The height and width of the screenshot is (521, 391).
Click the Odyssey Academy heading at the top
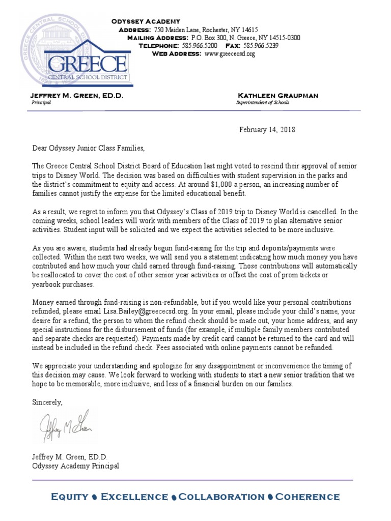pyautogui.click(x=146, y=21)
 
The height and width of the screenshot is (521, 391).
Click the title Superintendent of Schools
pyautogui.click(x=263, y=103)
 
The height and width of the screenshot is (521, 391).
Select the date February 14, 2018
pyautogui.click(x=267, y=130)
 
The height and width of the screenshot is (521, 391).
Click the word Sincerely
pyautogui.click(x=47, y=402)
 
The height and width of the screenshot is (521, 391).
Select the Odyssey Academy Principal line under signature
pyautogui.click(x=75, y=466)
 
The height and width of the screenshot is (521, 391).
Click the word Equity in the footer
pyautogui.click(x=69, y=497)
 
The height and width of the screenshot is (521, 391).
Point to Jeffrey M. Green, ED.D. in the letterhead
pyautogui.click(x=77, y=96)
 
